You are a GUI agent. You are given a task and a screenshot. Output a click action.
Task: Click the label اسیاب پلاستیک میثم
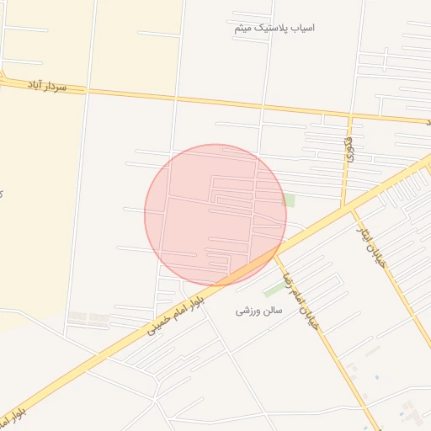pos(274,28)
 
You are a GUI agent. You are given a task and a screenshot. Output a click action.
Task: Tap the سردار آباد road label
pos(46,85)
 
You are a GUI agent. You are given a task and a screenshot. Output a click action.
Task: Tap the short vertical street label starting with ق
pos(349,150)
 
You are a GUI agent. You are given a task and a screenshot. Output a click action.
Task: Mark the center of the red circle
pos(215,215)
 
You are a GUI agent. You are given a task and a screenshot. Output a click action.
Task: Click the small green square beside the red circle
pos(290,200)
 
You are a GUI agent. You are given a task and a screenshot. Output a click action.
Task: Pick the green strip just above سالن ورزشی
pos(274,290)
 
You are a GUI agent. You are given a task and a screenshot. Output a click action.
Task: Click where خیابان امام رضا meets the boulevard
pos(274,253)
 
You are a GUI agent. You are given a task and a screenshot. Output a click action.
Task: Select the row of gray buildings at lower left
pos(88,317)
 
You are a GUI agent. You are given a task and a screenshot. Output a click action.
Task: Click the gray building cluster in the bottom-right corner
pos(410,412)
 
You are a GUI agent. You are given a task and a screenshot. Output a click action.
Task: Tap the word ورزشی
pos(244,311)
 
